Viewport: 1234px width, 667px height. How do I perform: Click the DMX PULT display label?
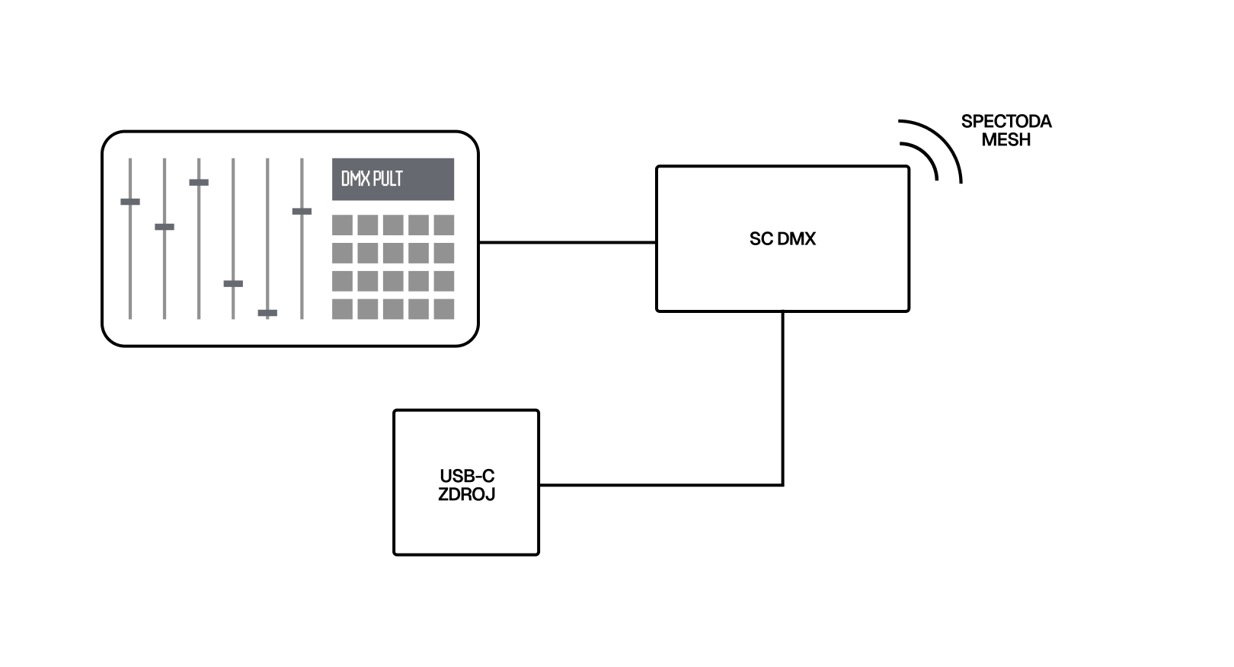[372, 180]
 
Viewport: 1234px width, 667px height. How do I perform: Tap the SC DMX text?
[782, 239]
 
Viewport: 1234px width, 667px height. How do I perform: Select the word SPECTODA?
[1005, 122]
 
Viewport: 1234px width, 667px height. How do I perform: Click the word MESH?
[1005, 140]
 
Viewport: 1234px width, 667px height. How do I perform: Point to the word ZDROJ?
[466, 494]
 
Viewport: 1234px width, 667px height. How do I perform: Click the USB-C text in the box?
[466, 476]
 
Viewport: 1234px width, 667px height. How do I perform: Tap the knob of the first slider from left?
[130, 202]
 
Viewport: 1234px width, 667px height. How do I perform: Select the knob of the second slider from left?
[165, 227]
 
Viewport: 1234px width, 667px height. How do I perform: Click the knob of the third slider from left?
[199, 183]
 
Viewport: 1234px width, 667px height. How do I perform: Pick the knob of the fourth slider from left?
[233, 283]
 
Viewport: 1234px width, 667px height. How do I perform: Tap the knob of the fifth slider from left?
[267, 313]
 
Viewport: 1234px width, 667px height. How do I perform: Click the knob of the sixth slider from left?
[302, 211]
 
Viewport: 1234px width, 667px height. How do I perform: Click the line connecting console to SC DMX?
[567, 242]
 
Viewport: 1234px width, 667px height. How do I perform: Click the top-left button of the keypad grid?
[342, 225]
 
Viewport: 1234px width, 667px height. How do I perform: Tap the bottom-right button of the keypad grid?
[443, 309]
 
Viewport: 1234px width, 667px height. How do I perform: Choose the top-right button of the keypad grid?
[443, 225]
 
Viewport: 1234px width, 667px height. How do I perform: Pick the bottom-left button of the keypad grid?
[342, 309]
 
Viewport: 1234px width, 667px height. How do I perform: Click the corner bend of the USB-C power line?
[782, 484]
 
